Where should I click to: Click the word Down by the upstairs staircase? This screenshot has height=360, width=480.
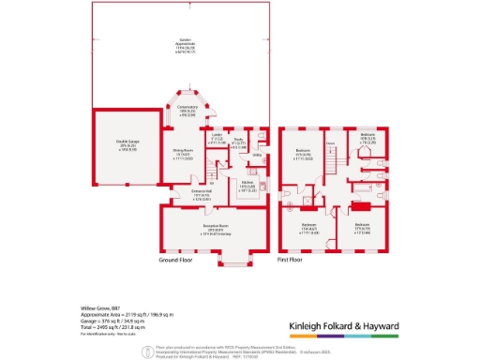pyautogui.click(x=330, y=143)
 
